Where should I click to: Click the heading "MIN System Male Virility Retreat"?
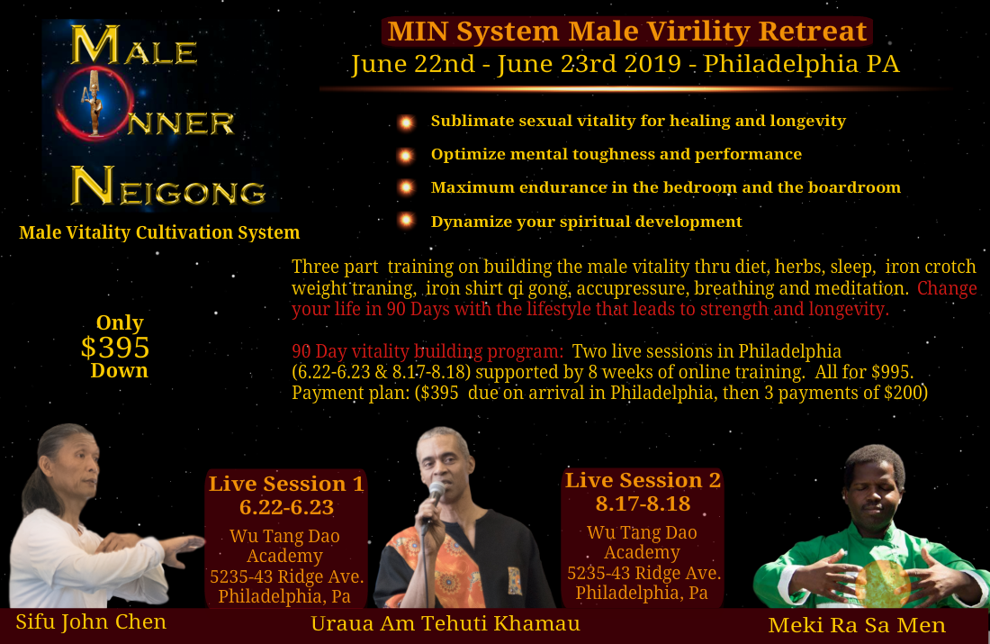pyautogui.click(x=626, y=32)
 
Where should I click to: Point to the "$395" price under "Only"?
pyautogui.click(x=115, y=348)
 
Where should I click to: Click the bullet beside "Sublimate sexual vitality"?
pyautogui.click(x=406, y=122)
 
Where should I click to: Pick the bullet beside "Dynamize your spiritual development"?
pyautogui.click(x=406, y=221)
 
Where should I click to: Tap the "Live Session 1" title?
pyautogui.click(x=286, y=484)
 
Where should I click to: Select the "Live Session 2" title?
pyautogui.click(x=643, y=480)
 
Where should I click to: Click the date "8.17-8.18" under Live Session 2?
pyautogui.click(x=643, y=503)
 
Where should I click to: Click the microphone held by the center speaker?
pyautogui.click(x=436, y=492)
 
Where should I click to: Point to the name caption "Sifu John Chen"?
pyautogui.click(x=90, y=621)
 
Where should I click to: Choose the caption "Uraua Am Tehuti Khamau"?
pyautogui.click(x=445, y=623)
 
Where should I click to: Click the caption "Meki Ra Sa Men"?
pyautogui.click(x=857, y=624)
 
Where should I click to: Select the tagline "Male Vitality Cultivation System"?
pyautogui.click(x=159, y=232)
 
